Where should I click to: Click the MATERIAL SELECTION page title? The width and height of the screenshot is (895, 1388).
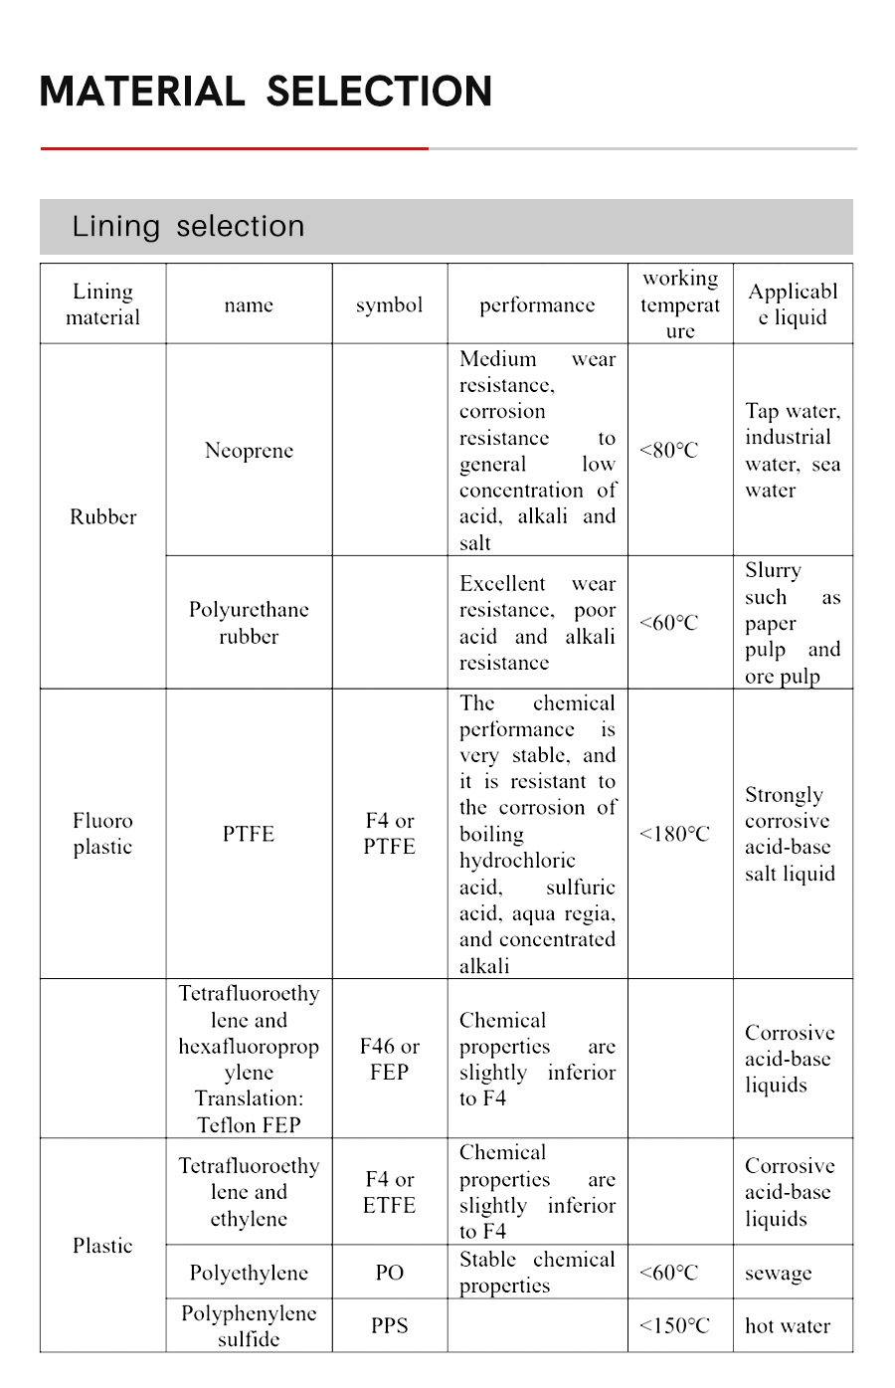point(266,92)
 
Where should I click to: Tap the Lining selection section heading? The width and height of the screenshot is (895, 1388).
point(188,226)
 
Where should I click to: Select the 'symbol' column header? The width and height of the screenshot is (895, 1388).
point(389,304)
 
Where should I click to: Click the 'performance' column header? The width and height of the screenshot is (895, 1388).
point(537,304)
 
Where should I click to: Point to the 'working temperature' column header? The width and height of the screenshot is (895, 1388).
point(680,304)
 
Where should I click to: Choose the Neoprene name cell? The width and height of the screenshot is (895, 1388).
point(249,450)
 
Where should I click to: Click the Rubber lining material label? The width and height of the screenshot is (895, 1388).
point(102,516)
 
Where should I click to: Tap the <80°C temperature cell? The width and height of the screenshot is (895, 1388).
point(669,450)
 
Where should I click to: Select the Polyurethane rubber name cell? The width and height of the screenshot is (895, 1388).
point(249,623)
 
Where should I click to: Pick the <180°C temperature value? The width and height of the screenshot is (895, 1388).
point(674,834)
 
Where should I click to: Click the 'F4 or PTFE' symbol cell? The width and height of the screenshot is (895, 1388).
point(389,834)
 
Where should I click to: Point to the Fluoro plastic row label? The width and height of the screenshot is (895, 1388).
point(102,834)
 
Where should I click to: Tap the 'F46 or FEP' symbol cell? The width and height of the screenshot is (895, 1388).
point(389,1059)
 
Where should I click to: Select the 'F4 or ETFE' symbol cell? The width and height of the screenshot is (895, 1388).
point(389,1192)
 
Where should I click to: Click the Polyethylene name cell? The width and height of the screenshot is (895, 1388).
point(249,1273)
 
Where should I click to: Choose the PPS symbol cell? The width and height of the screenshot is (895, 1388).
point(389,1325)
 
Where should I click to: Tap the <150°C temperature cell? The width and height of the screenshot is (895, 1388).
point(674,1325)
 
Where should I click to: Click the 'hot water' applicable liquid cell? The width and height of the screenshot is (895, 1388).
point(787,1325)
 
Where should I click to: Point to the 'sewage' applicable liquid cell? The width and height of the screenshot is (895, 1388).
point(778,1273)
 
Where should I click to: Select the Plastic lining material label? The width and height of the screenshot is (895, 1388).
point(102,1246)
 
